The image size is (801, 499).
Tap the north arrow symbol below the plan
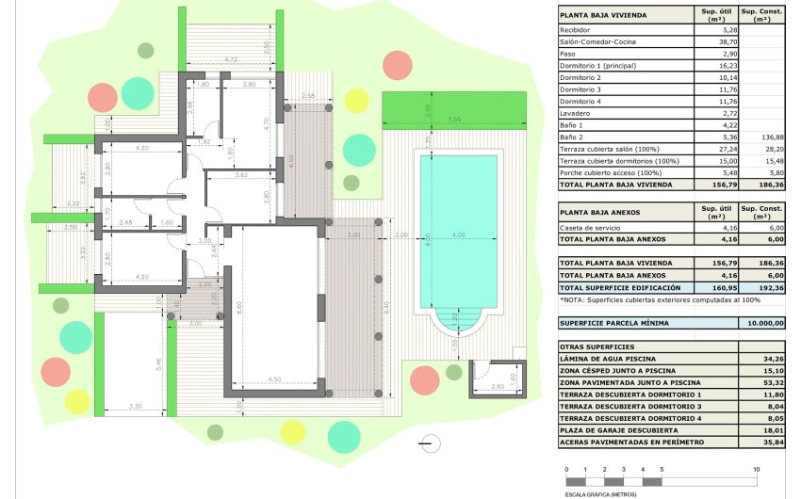click(x=430, y=440)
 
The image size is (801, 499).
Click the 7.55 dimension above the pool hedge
click(x=454, y=120)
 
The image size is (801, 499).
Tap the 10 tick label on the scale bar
click(x=756, y=469)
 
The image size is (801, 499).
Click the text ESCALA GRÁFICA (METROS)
click(x=599, y=493)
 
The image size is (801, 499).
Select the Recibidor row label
click(x=578, y=29)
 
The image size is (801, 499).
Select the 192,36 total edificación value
click(x=762, y=287)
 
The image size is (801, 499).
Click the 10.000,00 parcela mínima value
click(x=762, y=323)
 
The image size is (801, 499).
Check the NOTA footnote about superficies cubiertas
click(x=646, y=299)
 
